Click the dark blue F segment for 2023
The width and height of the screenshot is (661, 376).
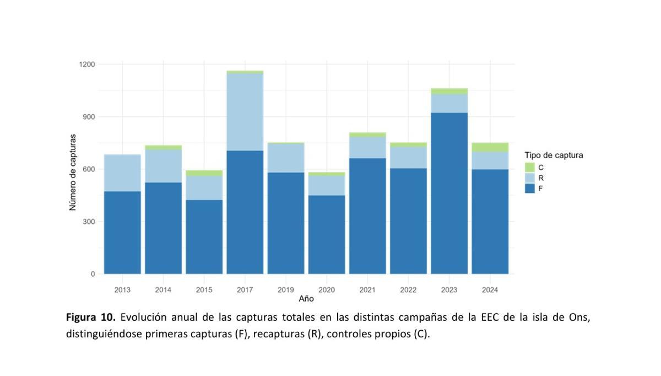(x=449, y=193)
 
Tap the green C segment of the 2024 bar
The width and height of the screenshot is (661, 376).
(x=490, y=147)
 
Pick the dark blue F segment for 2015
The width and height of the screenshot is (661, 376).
(x=204, y=237)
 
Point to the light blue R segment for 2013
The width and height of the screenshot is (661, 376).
(x=122, y=173)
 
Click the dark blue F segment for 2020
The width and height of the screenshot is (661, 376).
(x=327, y=234)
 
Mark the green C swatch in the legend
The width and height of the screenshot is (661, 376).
(x=530, y=166)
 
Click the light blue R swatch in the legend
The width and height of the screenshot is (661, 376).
(x=530, y=178)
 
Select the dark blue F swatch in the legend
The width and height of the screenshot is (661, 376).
(x=530, y=189)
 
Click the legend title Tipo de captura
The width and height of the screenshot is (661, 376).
(x=553, y=155)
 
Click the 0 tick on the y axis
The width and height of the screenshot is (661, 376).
(x=93, y=274)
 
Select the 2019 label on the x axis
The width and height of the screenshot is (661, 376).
(x=285, y=289)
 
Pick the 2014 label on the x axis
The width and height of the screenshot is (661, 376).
(x=163, y=289)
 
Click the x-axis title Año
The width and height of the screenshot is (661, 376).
(x=306, y=299)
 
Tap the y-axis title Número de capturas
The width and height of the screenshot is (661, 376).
(x=73, y=172)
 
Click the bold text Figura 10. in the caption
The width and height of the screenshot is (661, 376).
(x=91, y=318)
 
